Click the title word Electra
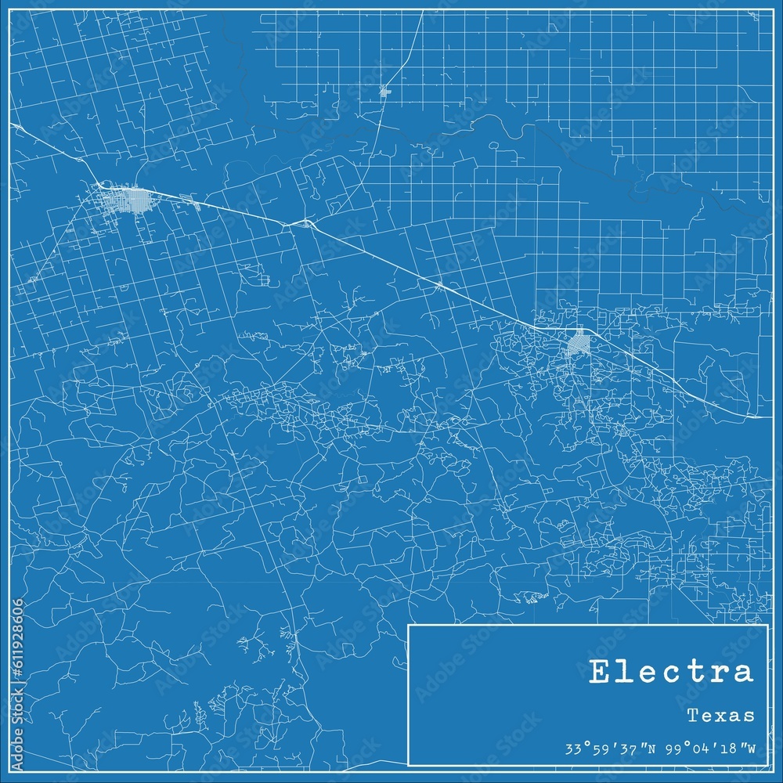(671, 672)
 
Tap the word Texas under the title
(721, 715)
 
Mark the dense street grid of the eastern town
(579, 341)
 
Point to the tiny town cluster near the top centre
(384, 92)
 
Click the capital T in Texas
(693, 715)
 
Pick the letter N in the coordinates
(651, 747)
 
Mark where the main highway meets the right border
(771, 417)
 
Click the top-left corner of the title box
(409, 626)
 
